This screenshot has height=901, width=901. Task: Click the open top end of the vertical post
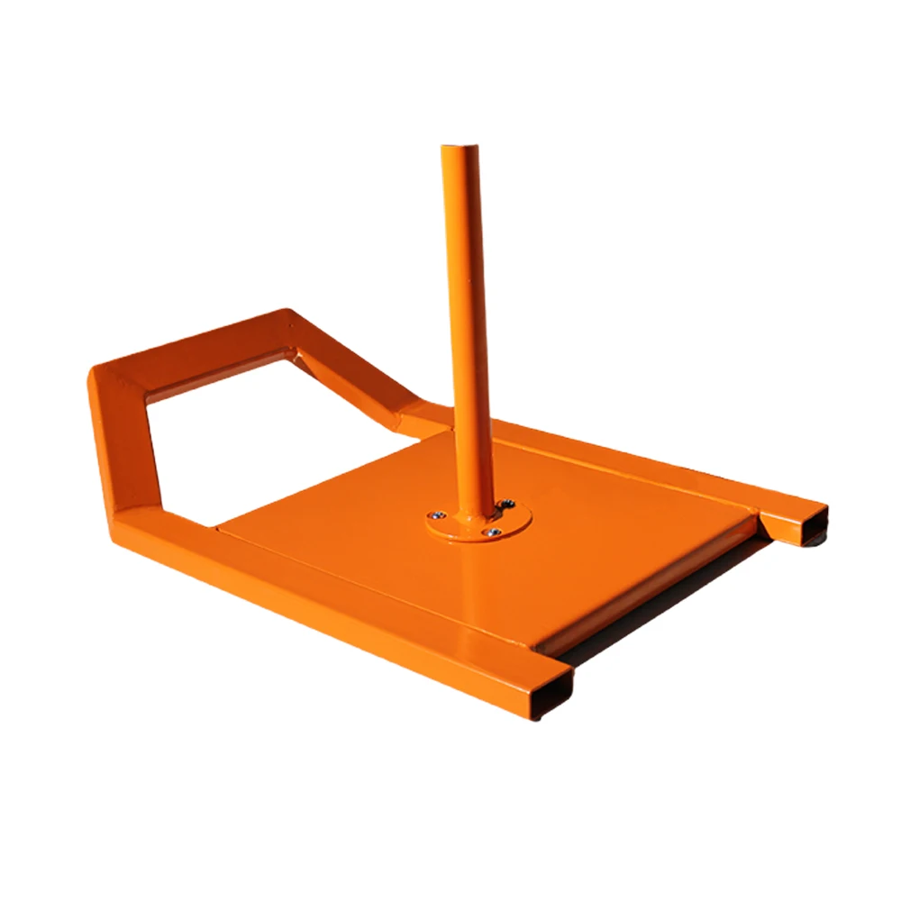[460, 149]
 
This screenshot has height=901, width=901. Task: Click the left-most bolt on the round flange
[437, 514]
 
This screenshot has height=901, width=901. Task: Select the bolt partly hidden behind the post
[507, 503]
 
